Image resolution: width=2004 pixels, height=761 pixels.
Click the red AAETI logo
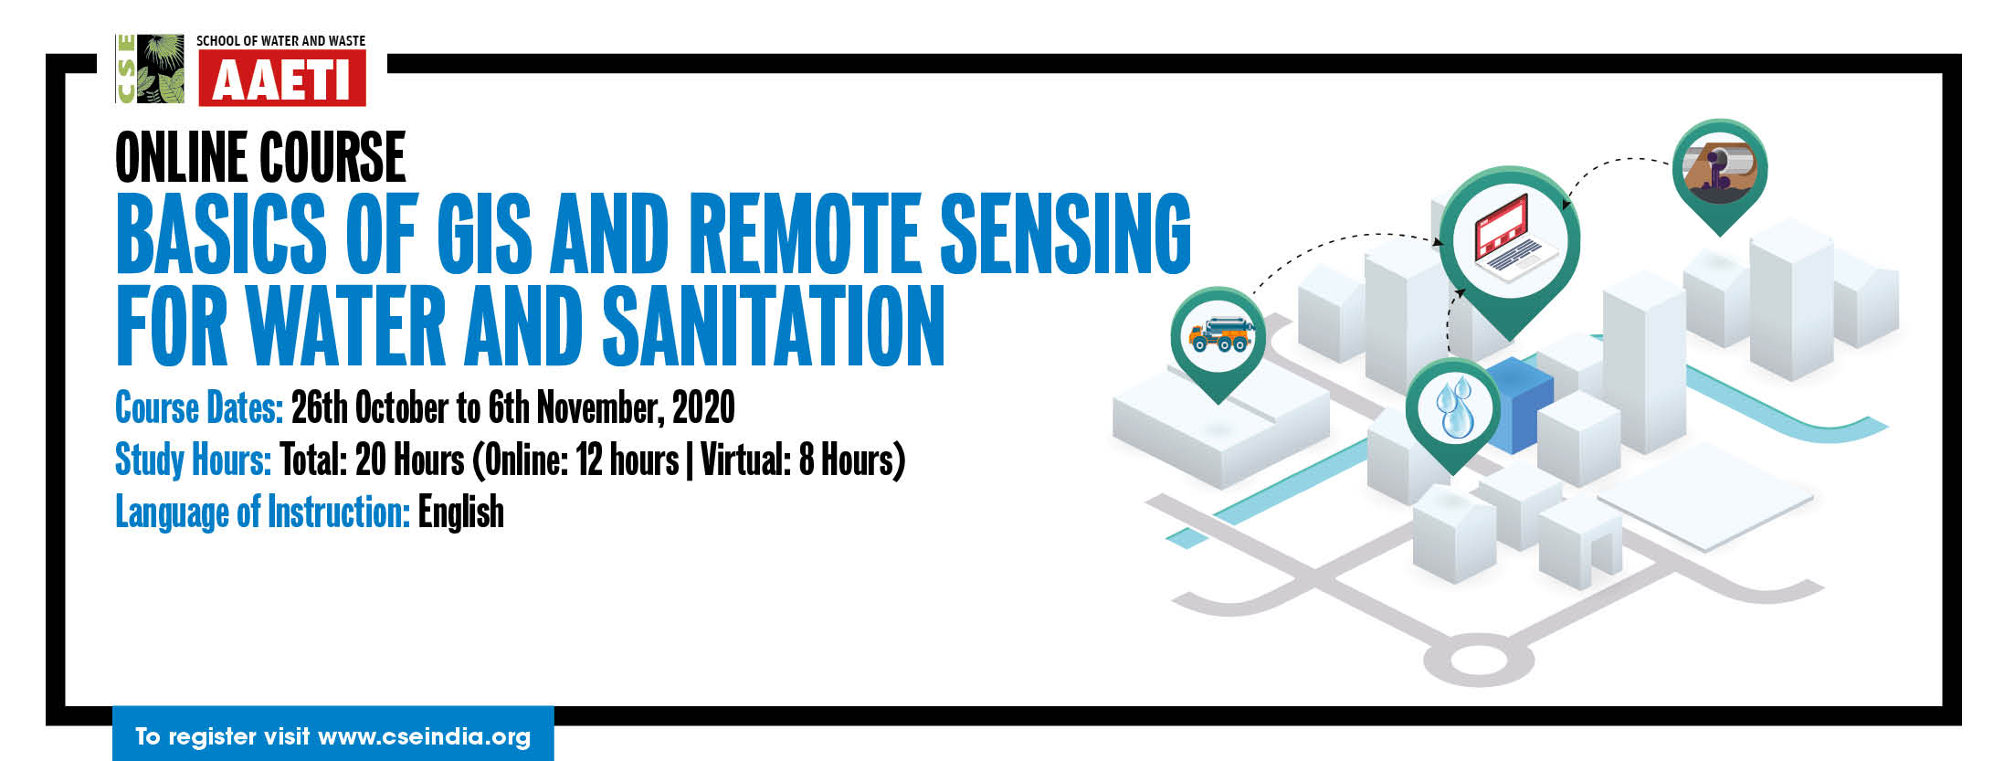tap(282, 79)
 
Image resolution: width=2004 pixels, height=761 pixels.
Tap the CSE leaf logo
tap(150, 69)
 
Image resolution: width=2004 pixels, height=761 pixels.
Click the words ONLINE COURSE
tap(260, 157)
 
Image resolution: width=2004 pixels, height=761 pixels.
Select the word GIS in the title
tap(484, 234)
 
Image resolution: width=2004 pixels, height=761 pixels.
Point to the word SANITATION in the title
tap(773, 326)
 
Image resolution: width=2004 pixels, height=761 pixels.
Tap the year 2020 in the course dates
tap(703, 407)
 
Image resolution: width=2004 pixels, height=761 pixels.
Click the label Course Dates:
tap(199, 407)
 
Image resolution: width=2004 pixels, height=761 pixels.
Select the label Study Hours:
tap(193, 460)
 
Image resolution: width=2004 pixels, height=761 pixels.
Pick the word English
tap(461, 512)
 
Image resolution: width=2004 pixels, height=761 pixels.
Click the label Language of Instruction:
tap(262, 512)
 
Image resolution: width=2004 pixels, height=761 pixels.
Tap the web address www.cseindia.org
tap(424, 736)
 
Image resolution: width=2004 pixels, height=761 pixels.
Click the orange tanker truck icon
tap(1219, 334)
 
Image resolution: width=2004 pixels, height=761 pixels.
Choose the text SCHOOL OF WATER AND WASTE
tap(281, 41)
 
